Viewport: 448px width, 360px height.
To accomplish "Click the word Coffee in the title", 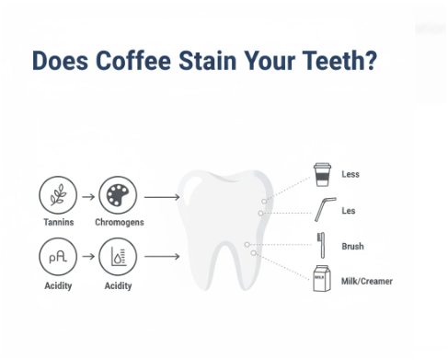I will (x=135, y=61).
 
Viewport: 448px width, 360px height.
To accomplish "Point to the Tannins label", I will (x=58, y=223).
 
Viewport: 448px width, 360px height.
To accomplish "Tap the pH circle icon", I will (x=58, y=257).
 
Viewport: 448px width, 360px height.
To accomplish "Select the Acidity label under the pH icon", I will (x=58, y=285).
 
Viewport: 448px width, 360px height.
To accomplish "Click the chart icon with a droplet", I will (x=117, y=257).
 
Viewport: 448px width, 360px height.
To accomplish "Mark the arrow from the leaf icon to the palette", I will (x=87, y=196).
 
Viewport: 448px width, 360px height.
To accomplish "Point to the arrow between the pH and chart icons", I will (x=87, y=257).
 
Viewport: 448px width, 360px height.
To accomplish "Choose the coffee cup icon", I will (x=321, y=173).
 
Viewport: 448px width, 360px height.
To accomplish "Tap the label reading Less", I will (x=350, y=174).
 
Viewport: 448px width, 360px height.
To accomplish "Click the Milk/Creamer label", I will (x=367, y=281).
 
